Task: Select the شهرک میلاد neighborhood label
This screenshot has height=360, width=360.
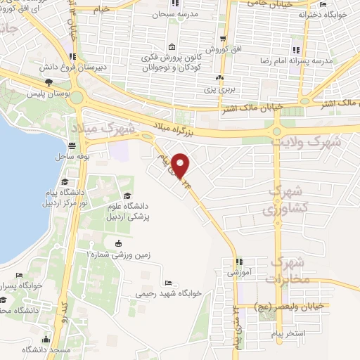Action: [97, 128]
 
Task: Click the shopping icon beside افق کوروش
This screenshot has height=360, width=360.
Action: [222, 39]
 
